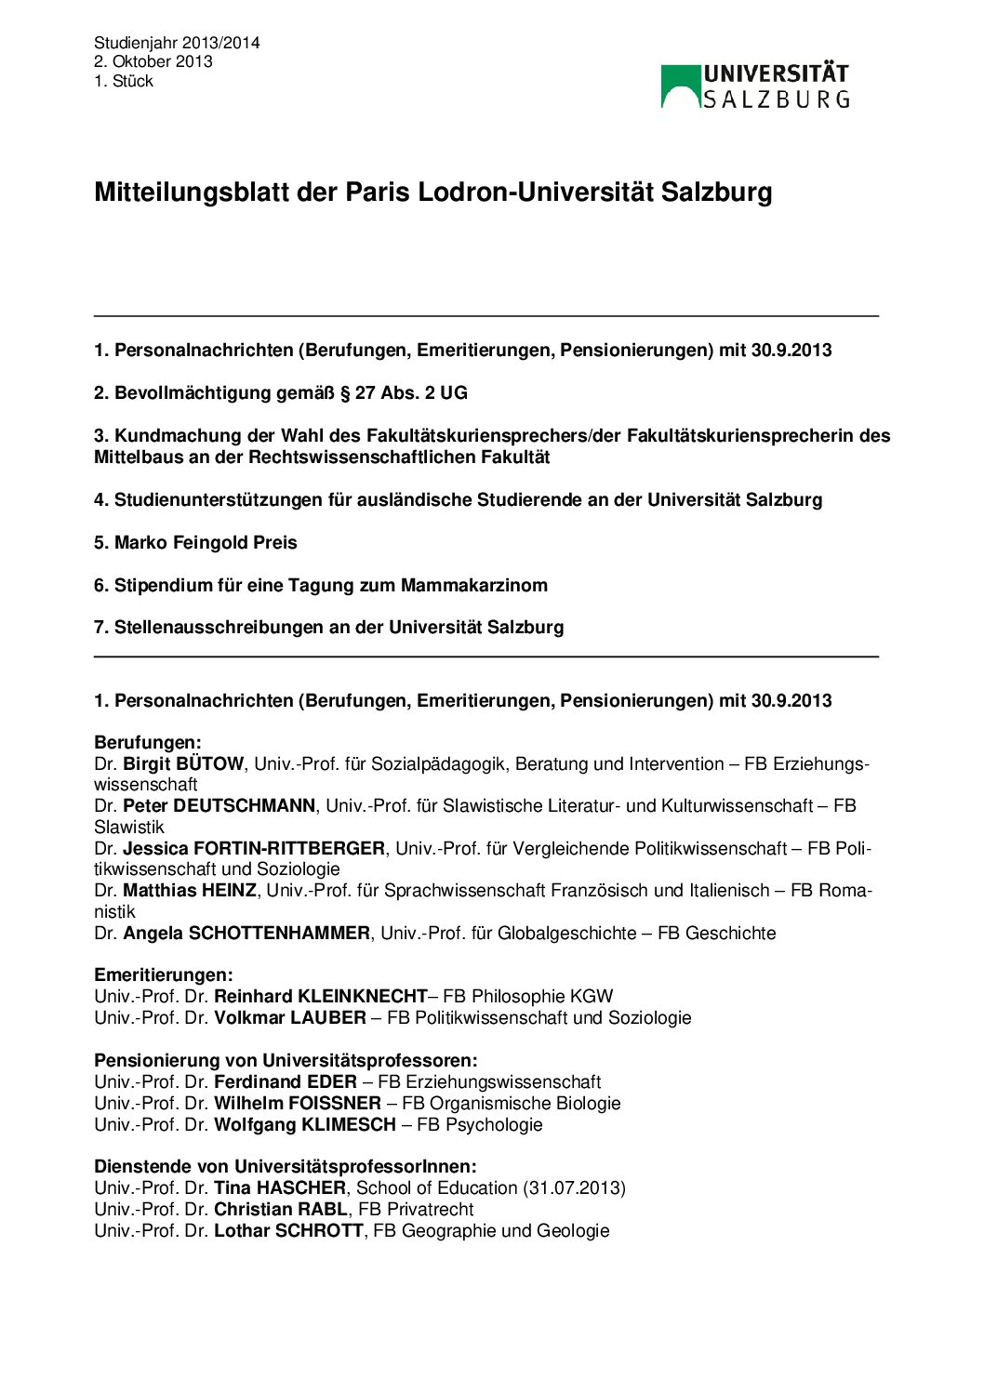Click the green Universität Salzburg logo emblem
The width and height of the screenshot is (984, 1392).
click(681, 86)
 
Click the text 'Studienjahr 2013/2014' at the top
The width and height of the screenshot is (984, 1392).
click(177, 43)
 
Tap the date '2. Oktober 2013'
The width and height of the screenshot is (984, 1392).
click(153, 61)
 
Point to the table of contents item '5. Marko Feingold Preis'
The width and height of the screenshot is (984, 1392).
click(195, 542)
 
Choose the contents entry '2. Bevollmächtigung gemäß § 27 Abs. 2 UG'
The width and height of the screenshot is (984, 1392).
click(281, 392)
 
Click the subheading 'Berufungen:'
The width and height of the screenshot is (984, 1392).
click(148, 742)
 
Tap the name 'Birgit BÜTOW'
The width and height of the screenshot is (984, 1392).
click(183, 763)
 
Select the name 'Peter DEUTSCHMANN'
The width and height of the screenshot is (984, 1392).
click(219, 805)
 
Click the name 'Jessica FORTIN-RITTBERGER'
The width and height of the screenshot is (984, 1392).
click(254, 848)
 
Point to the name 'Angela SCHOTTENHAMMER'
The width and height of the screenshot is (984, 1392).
click(246, 933)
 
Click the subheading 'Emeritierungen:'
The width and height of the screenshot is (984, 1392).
click(164, 974)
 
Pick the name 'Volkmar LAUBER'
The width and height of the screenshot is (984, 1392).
click(290, 1017)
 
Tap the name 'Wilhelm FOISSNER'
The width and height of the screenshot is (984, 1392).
click(298, 1103)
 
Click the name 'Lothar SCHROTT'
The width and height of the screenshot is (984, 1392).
click(288, 1230)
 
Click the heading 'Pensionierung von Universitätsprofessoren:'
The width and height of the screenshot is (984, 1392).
click(286, 1060)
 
